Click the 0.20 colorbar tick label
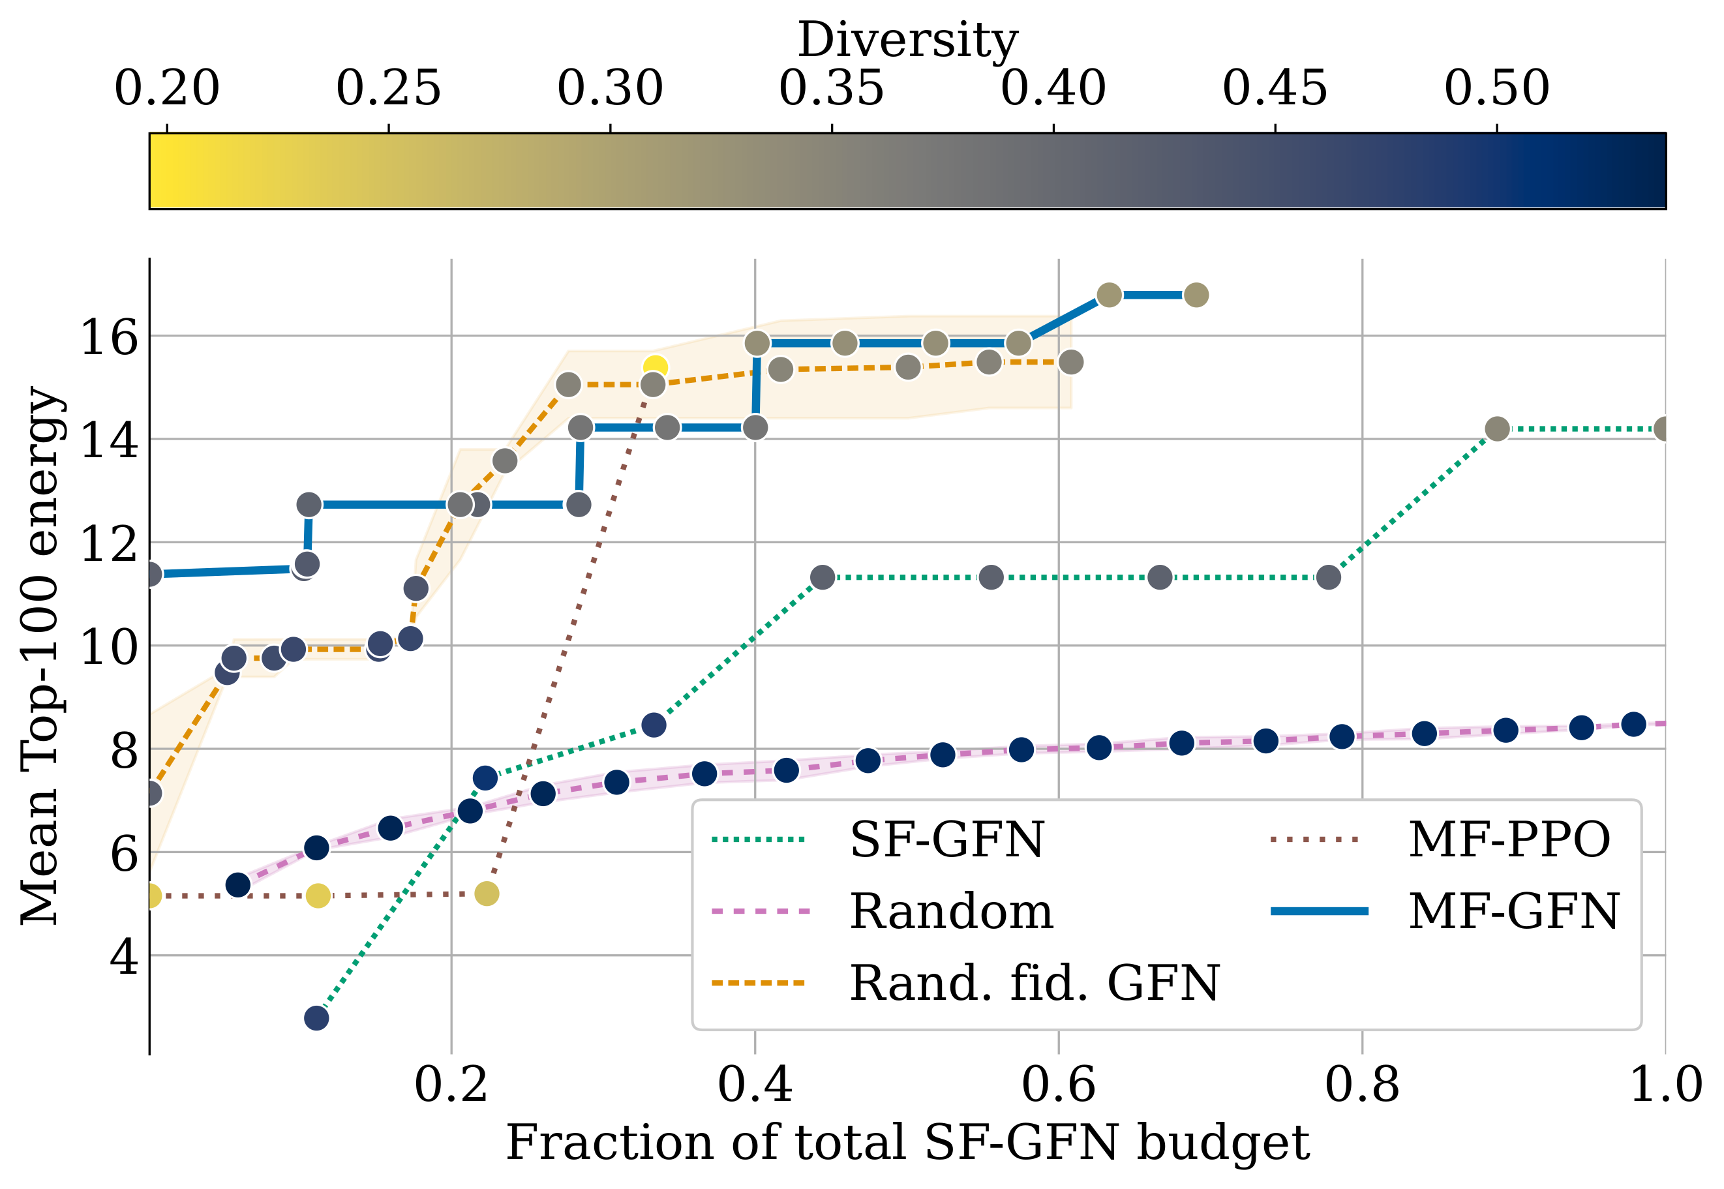167,88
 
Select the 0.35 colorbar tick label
832,88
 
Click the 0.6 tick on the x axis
1058,1085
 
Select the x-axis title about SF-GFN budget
907,1143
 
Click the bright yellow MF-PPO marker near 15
655,367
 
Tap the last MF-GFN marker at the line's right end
1196,295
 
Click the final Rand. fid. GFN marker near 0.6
1070,362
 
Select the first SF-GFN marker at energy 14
1497,429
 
